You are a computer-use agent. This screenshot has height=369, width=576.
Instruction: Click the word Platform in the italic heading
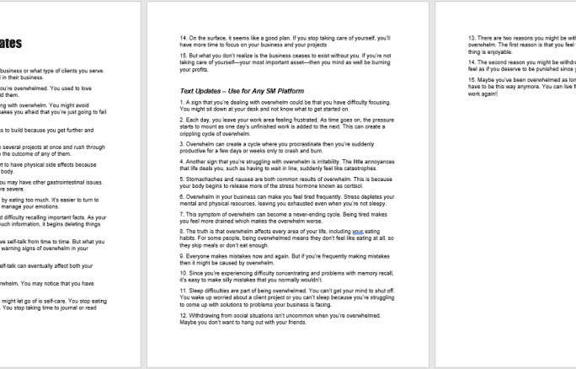tap(275, 90)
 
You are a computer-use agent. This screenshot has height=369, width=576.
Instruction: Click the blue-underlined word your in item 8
tap(359, 232)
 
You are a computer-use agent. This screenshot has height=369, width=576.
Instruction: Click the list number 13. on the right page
tap(472, 38)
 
